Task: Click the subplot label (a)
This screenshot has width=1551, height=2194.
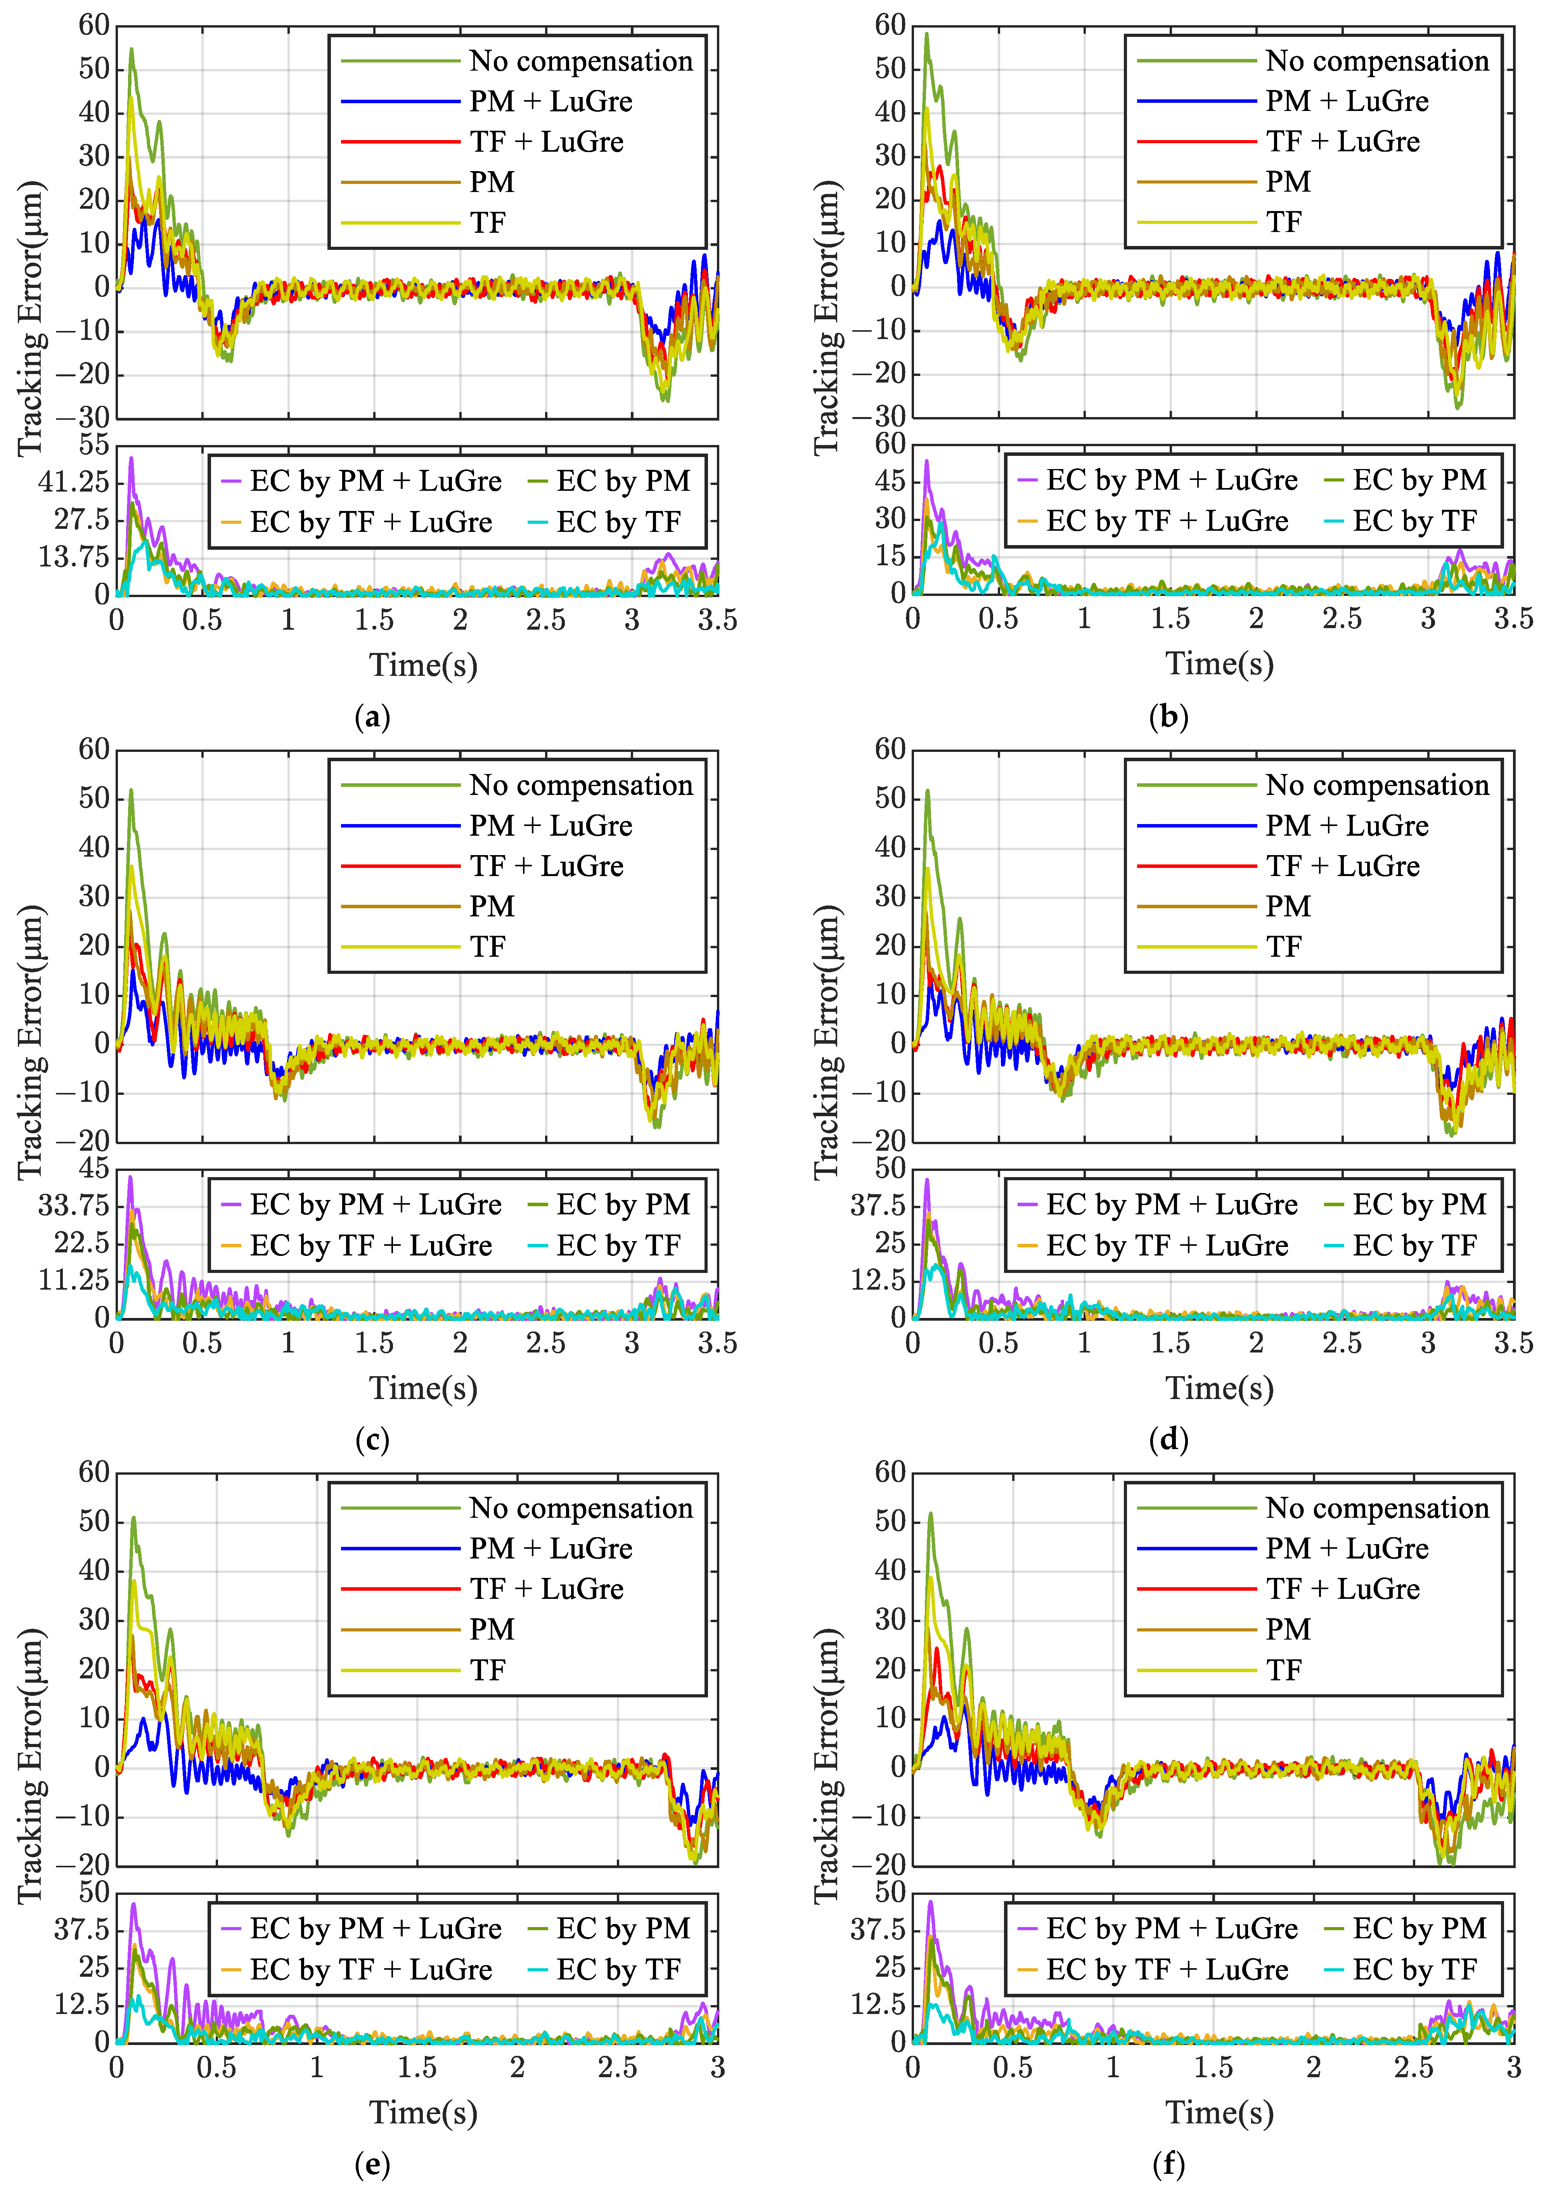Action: (372, 717)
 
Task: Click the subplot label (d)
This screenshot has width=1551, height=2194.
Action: (1168, 1440)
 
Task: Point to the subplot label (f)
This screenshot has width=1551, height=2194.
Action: (1168, 2163)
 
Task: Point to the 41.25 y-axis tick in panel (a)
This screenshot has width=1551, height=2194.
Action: (74, 481)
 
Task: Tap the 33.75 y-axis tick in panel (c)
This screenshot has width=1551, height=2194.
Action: (74, 1205)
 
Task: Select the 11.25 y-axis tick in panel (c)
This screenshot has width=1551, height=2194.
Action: (74, 1280)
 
